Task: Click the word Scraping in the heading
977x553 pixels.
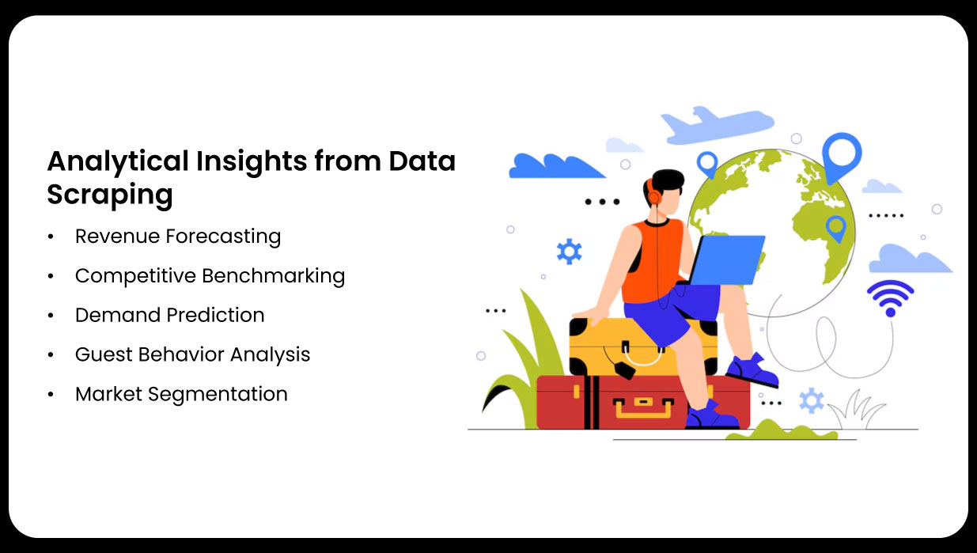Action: [110, 195]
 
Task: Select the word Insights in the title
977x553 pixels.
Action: [252, 162]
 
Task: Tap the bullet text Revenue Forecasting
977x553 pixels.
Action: [178, 237]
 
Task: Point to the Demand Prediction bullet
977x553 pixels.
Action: [169, 315]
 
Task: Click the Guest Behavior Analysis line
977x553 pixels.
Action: [192, 354]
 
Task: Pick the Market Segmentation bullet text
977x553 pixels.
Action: [181, 394]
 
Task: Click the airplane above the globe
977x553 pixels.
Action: [718, 125]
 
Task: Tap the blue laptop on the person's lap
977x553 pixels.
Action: [725, 260]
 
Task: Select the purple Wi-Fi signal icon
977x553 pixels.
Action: [890, 298]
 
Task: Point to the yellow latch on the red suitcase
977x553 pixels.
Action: [643, 407]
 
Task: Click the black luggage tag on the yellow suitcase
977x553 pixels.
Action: [625, 370]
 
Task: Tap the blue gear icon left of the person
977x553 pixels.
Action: [569, 252]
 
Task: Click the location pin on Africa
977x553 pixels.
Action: [836, 229]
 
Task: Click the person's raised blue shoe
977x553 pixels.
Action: [753, 370]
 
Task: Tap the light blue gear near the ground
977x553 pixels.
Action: [811, 400]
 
